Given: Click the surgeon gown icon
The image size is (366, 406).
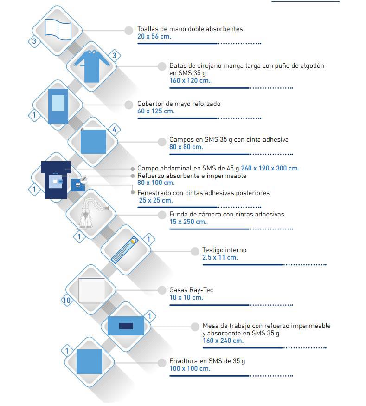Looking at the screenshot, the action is pyautogui.click(x=92, y=66).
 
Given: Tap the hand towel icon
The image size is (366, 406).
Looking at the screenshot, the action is pyautogui.click(x=58, y=29).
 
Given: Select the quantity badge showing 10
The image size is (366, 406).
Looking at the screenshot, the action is pyautogui.click(x=67, y=300).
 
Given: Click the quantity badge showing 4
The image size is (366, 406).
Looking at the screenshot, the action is pyautogui.click(x=114, y=129).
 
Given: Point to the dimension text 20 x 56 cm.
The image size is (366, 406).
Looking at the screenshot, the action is pyautogui.click(x=154, y=36).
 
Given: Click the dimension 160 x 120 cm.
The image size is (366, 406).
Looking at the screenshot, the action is pyautogui.click(x=190, y=80).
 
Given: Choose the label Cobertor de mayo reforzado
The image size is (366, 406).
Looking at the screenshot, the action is pyautogui.click(x=179, y=104).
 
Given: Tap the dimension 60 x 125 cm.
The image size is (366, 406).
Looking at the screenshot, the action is pyautogui.click(x=156, y=111).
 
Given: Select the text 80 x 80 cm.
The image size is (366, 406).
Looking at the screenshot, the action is pyautogui.click(x=186, y=147).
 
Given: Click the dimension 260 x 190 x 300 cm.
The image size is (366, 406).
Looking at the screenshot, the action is pyautogui.click(x=270, y=168).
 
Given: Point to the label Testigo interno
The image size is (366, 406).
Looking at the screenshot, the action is pyautogui.click(x=225, y=250).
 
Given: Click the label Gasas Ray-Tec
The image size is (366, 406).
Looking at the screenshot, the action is pyautogui.click(x=191, y=290).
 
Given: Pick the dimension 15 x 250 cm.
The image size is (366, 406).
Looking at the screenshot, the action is pyautogui.click(x=188, y=222).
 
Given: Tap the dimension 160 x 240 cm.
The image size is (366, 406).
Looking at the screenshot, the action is pyautogui.click(x=223, y=341).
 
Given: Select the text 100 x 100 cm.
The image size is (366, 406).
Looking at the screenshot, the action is pyautogui.click(x=190, y=368).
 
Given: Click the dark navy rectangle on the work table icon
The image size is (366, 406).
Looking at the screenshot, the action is pyautogui.click(x=126, y=326).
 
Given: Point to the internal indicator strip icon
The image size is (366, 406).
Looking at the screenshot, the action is pyautogui.click(x=124, y=250).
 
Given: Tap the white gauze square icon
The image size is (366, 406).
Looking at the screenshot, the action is pyautogui.click(x=91, y=290).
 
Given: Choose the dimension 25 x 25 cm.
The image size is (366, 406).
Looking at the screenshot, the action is pyautogui.click(x=156, y=200).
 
